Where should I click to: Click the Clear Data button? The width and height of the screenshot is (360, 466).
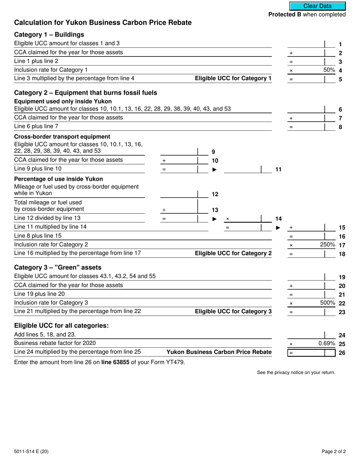click(x=317, y=6)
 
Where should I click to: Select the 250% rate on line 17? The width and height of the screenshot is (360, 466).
click(x=327, y=245)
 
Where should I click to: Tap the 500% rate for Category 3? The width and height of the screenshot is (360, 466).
click(x=327, y=303)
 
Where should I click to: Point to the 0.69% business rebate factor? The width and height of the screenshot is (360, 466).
click(x=327, y=344)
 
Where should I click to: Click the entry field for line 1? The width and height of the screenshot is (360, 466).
click(x=306, y=44)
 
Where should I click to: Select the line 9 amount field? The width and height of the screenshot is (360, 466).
click(x=179, y=152)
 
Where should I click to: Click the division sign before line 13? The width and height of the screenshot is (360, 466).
click(x=164, y=210)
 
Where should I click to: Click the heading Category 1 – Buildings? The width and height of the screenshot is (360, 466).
click(x=49, y=34)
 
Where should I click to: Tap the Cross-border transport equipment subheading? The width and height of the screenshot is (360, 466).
click(x=62, y=136)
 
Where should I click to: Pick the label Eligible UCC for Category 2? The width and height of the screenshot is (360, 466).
click(x=233, y=253)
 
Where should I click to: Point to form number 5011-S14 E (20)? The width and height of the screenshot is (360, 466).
click(x=31, y=451)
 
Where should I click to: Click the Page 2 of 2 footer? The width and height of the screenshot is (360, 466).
click(x=333, y=451)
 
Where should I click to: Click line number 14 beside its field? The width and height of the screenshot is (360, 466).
click(x=278, y=219)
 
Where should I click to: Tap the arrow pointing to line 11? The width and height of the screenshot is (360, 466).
click(x=214, y=169)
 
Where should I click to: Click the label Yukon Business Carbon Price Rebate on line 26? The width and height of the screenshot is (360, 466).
click(x=219, y=352)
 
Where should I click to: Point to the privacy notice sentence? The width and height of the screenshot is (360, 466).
click(x=296, y=372)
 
